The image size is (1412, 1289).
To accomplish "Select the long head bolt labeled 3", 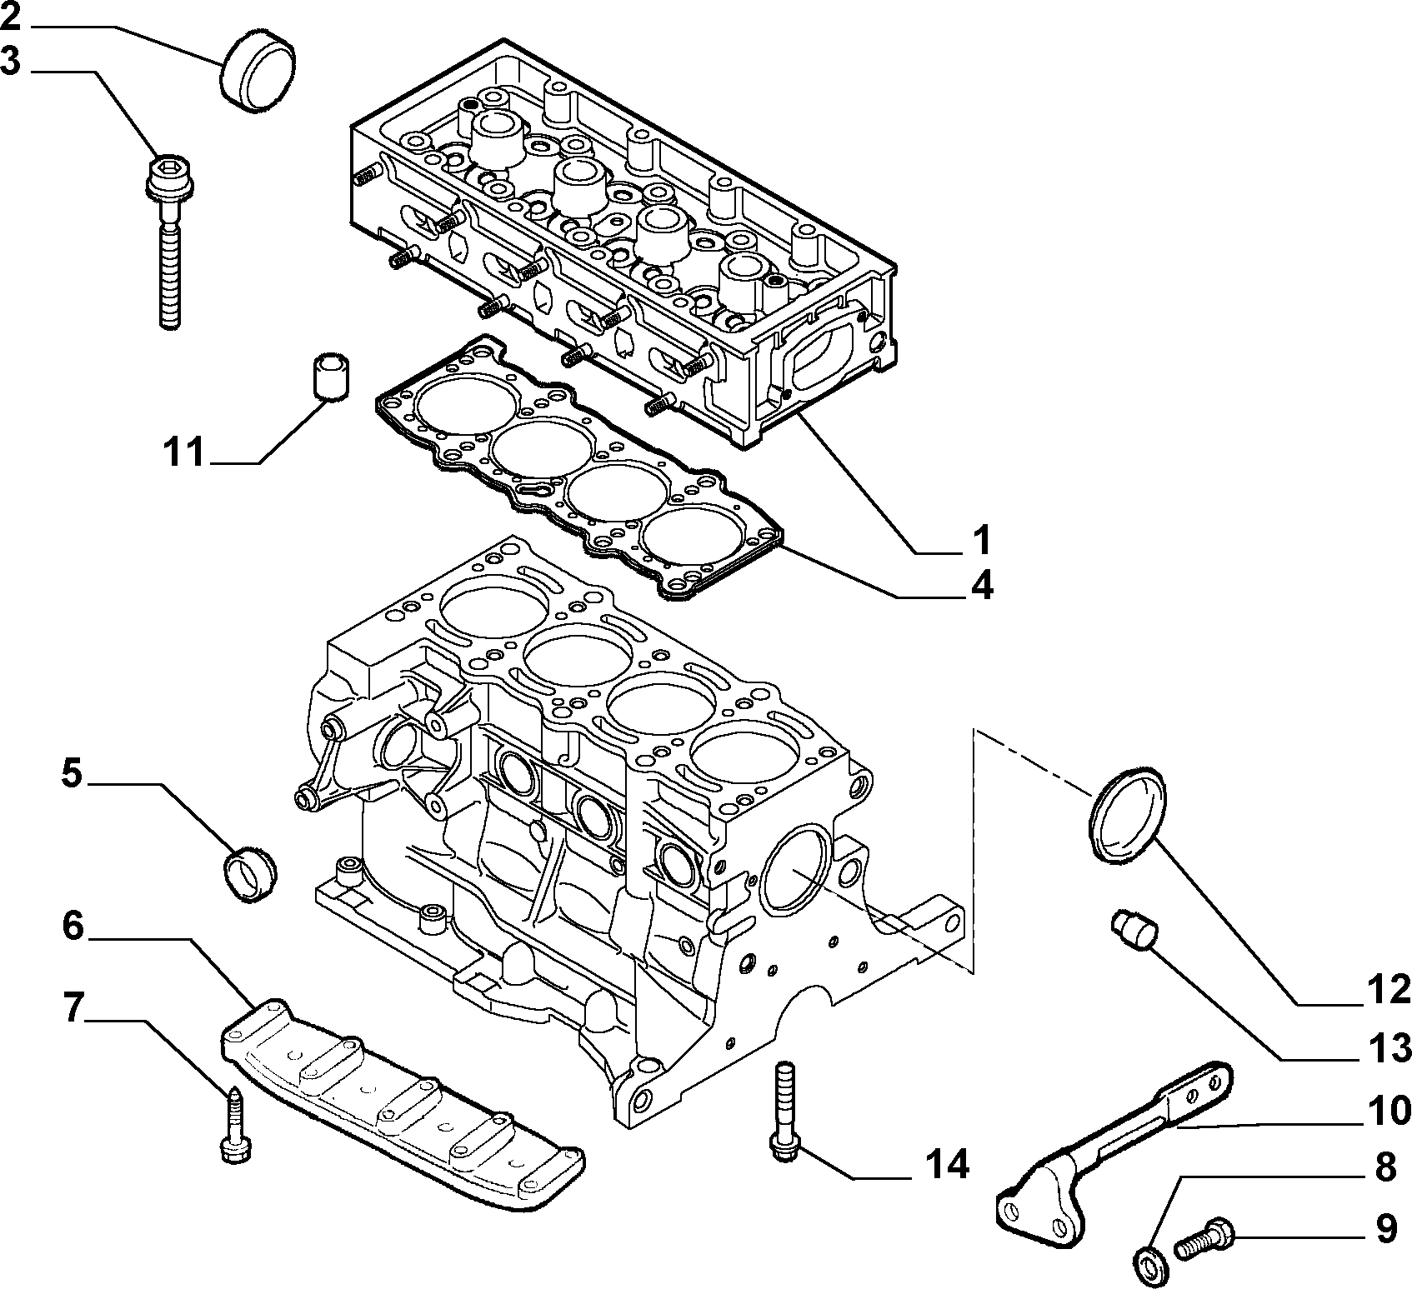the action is pos(168,242).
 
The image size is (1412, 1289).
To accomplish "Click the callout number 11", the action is pos(183,454).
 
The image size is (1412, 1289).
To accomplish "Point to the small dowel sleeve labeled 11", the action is pos(330,377).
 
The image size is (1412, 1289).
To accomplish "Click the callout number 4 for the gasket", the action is pos(982,587).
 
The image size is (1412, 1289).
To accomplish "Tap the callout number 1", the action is pos(982,540).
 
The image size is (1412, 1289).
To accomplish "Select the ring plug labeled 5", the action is pos(253,873).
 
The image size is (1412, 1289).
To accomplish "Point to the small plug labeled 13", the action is pos(1132,930).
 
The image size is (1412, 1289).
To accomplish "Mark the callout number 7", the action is pos(73,1008).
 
